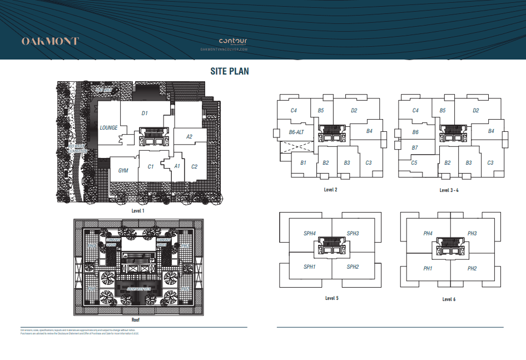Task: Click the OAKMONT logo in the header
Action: (50, 41)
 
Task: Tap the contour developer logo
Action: (232, 41)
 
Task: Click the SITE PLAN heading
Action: (230, 71)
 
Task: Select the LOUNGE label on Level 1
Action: (108, 128)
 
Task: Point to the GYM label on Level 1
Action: (123, 170)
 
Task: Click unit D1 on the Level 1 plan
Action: (145, 114)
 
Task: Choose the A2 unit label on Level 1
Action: (189, 137)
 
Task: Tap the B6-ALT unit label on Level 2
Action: (296, 132)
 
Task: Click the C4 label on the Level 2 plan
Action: (294, 111)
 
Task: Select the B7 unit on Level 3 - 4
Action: (415, 148)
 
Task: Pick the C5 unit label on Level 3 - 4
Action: (414, 162)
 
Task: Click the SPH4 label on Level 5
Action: (310, 234)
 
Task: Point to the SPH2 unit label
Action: (353, 267)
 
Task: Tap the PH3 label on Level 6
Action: (472, 234)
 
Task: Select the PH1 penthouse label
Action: (428, 269)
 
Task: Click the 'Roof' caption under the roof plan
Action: (135, 320)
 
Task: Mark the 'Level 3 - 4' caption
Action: (449, 190)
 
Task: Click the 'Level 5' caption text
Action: (331, 298)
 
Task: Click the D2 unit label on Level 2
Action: (354, 111)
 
